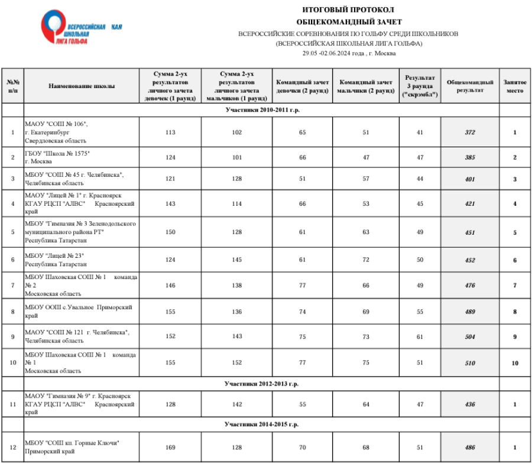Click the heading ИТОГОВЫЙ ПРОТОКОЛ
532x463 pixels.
click(348, 10)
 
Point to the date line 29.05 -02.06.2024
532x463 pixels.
click(349, 54)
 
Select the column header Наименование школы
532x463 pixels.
click(82, 86)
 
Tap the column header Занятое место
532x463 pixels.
click(514, 86)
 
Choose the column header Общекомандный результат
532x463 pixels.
click(469, 86)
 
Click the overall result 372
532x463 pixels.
click(469, 132)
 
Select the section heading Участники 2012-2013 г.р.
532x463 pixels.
click(262, 384)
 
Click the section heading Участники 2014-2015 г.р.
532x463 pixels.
click(262, 425)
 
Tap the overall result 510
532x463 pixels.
click(469, 364)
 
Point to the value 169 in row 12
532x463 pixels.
click(170, 448)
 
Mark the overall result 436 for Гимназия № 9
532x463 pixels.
click(469, 404)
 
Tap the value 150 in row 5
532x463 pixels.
click(170, 232)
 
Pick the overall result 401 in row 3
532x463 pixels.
click(469, 179)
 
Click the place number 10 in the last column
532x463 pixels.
click(514, 364)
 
